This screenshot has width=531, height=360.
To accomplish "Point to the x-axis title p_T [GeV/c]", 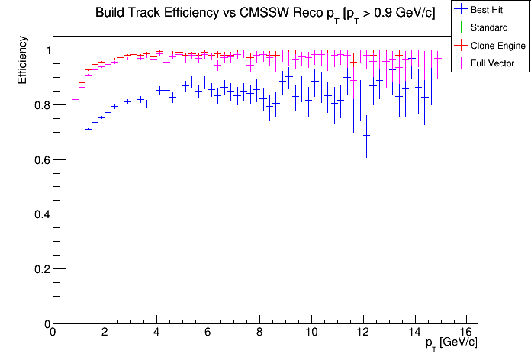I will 451,344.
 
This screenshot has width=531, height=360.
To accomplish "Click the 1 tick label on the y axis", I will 44,50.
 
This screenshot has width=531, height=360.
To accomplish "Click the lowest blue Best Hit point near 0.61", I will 76,156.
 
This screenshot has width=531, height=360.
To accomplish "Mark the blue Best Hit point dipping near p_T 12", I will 366,136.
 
